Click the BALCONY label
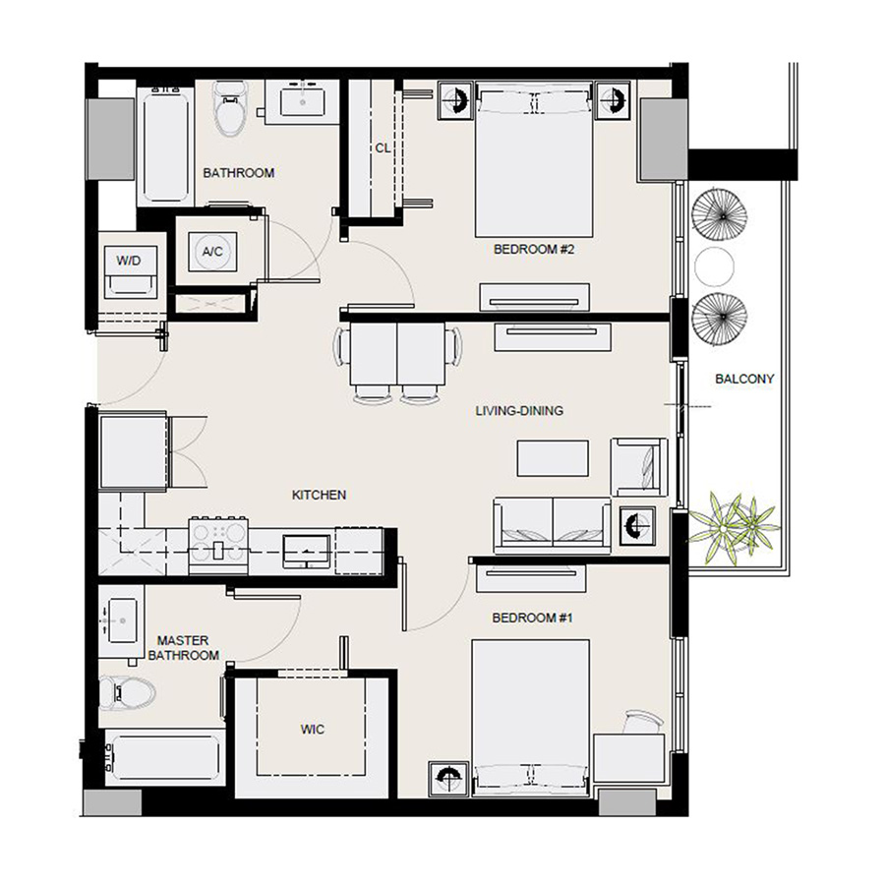coord(744,379)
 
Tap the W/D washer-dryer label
coord(129,262)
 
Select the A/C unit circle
coord(212,252)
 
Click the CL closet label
coord(383,147)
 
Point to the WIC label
coord(312,730)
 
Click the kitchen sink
coord(307,549)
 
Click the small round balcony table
coord(715,265)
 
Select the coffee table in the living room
coord(553,458)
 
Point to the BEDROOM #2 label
coord(533,250)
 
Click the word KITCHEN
coord(319,495)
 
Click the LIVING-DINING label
coord(519,410)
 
